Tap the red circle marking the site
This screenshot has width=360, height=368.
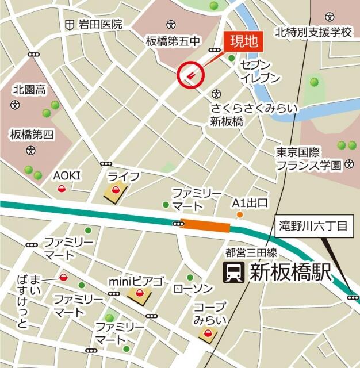191,74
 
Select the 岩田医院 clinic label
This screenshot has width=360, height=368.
101,25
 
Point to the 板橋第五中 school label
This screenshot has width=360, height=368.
173,41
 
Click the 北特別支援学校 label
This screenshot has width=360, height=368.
313,32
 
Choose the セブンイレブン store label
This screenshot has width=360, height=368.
260,71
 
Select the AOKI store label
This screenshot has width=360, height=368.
67,175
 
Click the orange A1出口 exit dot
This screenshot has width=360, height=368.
239,215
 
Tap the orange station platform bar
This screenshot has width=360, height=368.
205,226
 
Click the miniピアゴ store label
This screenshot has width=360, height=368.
136,282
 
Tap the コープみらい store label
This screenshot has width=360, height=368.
209,313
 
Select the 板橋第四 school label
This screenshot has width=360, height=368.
31,135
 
